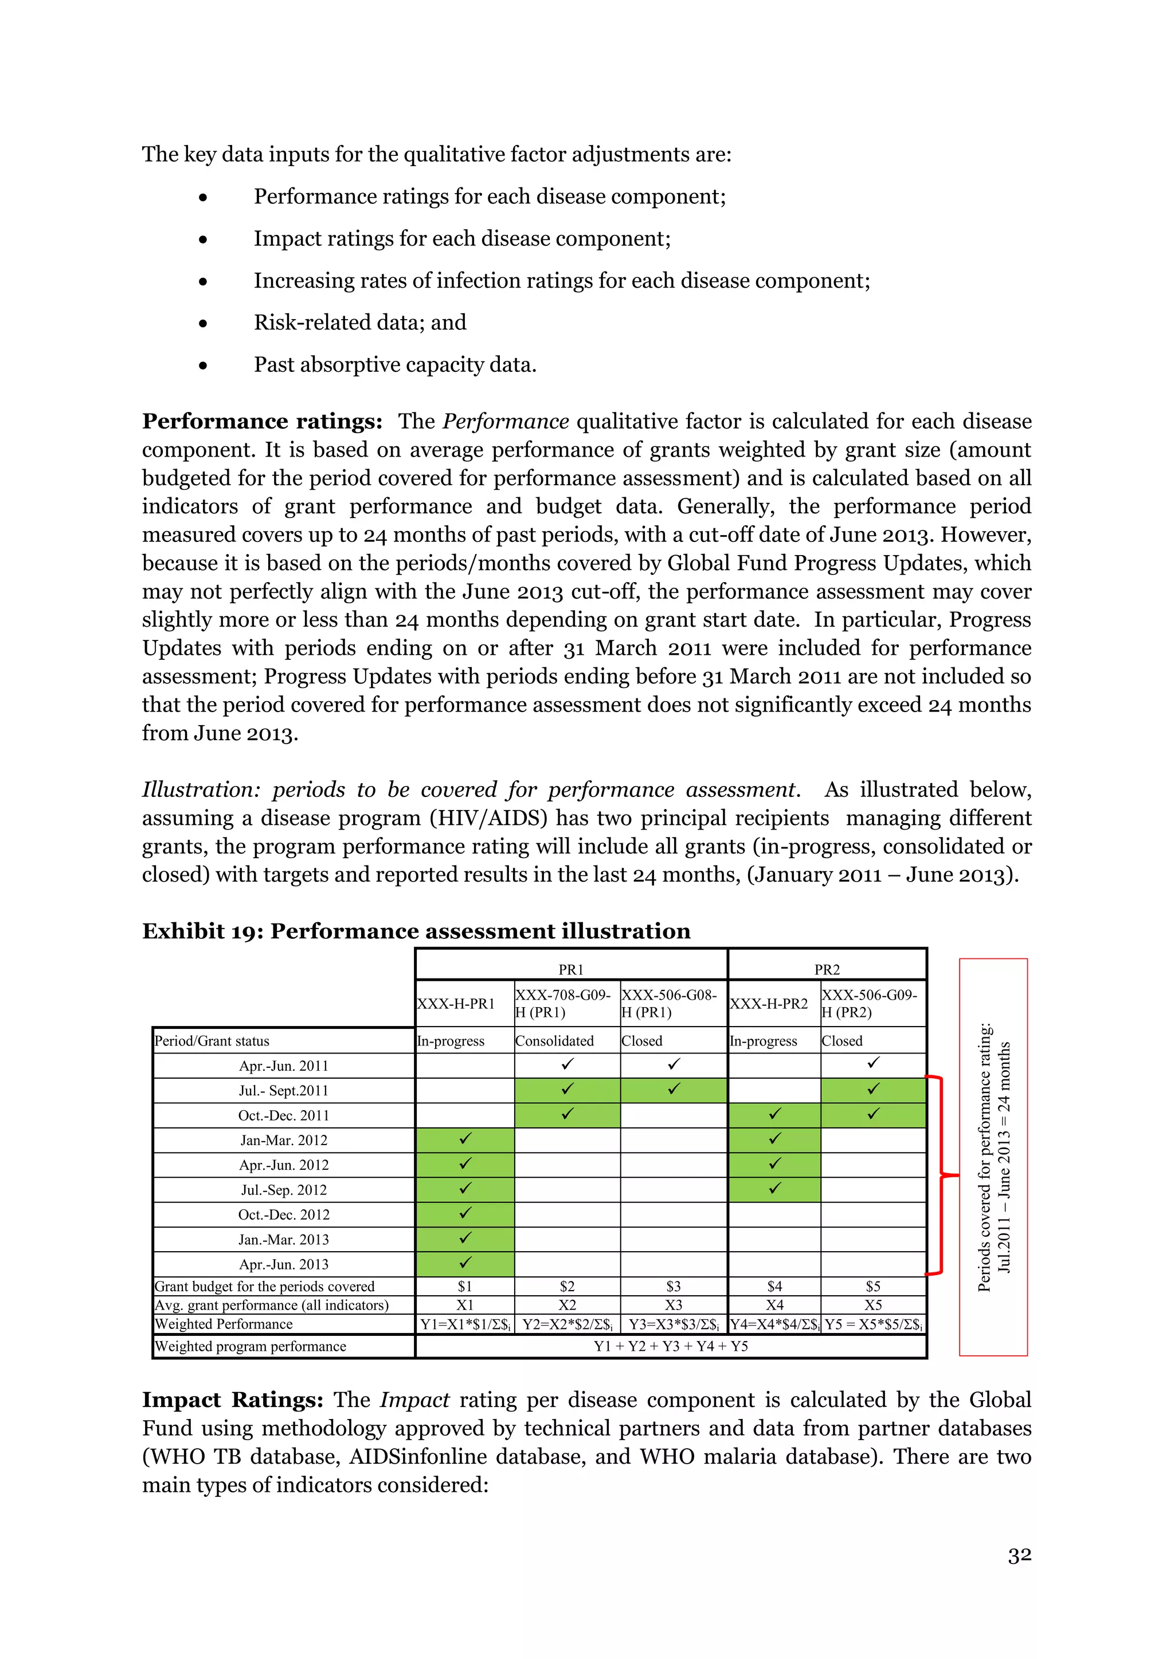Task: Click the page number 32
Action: [1019, 1555]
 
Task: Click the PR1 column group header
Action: [570, 969]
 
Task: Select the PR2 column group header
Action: [827, 969]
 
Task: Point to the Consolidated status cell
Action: [554, 1040]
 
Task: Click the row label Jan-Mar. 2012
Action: [283, 1140]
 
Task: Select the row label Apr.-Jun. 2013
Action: [283, 1264]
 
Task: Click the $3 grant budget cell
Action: [673, 1286]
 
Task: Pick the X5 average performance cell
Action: [873, 1305]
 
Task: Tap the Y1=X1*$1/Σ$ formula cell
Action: [465, 1324]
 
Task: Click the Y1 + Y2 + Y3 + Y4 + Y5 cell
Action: [671, 1346]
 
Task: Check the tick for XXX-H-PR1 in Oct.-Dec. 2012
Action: [465, 1213]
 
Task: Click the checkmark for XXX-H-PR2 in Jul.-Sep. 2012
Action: [775, 1188]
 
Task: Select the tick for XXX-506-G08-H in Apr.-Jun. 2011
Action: [674, 1064]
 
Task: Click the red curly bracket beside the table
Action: [941, 1176]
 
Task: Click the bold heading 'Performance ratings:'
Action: [262, 421]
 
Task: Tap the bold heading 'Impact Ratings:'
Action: [232, 1399]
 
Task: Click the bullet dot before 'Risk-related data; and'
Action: [203, 324]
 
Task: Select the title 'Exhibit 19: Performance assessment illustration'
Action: [416, 931]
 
